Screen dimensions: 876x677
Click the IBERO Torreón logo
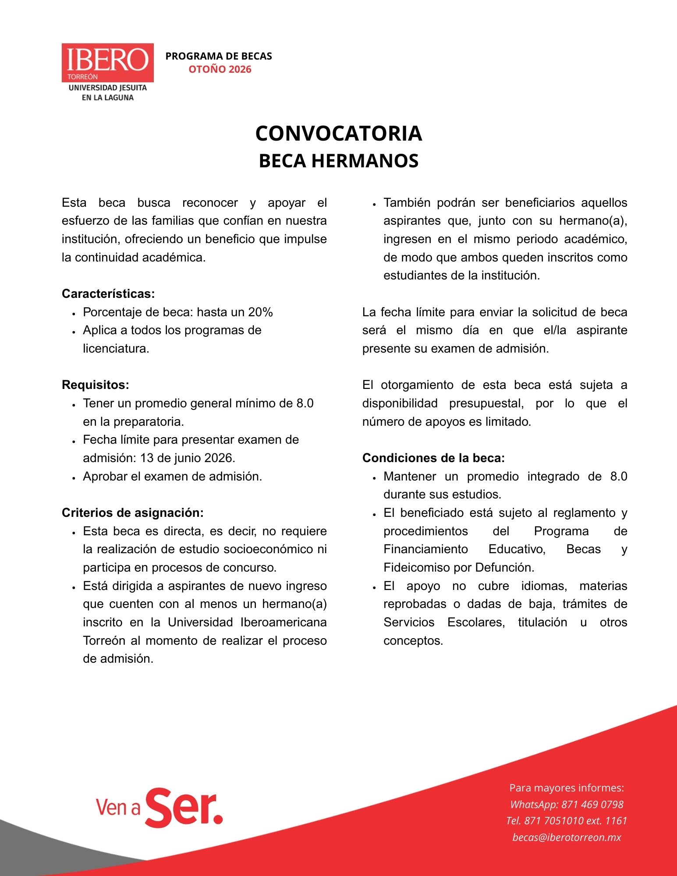coord(107,63)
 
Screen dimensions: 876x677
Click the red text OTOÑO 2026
coord(220,69)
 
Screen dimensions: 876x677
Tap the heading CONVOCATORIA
coord(338,133)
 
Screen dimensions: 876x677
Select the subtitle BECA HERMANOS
coord(338,161)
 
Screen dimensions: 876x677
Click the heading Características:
coord(108,293)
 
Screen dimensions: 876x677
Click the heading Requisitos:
coord(96,385)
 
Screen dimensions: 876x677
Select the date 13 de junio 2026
coord(187,458)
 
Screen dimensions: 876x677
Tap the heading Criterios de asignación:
coord(132,513)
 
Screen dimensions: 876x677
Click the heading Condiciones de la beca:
coord(433,458)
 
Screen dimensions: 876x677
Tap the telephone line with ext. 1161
coord(567,821)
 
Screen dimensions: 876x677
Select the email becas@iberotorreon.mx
coord(567,837)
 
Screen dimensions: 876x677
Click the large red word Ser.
coord(184,808)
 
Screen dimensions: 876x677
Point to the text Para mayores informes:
coord(567,788)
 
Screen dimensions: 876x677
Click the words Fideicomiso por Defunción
coord(458,568)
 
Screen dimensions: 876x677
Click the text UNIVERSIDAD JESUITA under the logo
coord(108,88)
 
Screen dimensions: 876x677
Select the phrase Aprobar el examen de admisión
coord(172,477)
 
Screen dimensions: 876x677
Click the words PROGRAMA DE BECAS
coord(219,56)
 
